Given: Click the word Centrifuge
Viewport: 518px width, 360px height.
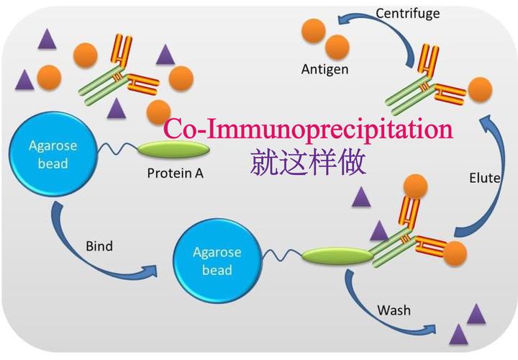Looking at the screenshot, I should pos(409,13).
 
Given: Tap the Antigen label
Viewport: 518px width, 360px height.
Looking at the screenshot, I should pos(324,70).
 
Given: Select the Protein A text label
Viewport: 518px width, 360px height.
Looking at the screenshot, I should pos(175,173).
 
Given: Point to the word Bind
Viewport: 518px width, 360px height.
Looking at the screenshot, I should pos(99,246).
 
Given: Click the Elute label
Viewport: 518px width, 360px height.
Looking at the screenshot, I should pos(484,178).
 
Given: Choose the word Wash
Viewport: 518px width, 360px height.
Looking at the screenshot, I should pos(394,310).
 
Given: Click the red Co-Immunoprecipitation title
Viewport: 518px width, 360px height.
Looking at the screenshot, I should pos(309,130).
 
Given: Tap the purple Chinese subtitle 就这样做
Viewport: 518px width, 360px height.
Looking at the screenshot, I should pos(309,163).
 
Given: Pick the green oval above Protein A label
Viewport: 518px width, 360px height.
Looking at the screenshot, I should pos(173,149).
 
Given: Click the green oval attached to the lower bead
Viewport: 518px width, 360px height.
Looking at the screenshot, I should pos(337,254).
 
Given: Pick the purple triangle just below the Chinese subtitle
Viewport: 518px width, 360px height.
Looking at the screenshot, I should pos(362,196).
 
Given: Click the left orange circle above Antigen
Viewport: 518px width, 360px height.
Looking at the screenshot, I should pos(313,31).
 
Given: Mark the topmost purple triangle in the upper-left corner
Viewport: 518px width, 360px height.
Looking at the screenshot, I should pos(49,40).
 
